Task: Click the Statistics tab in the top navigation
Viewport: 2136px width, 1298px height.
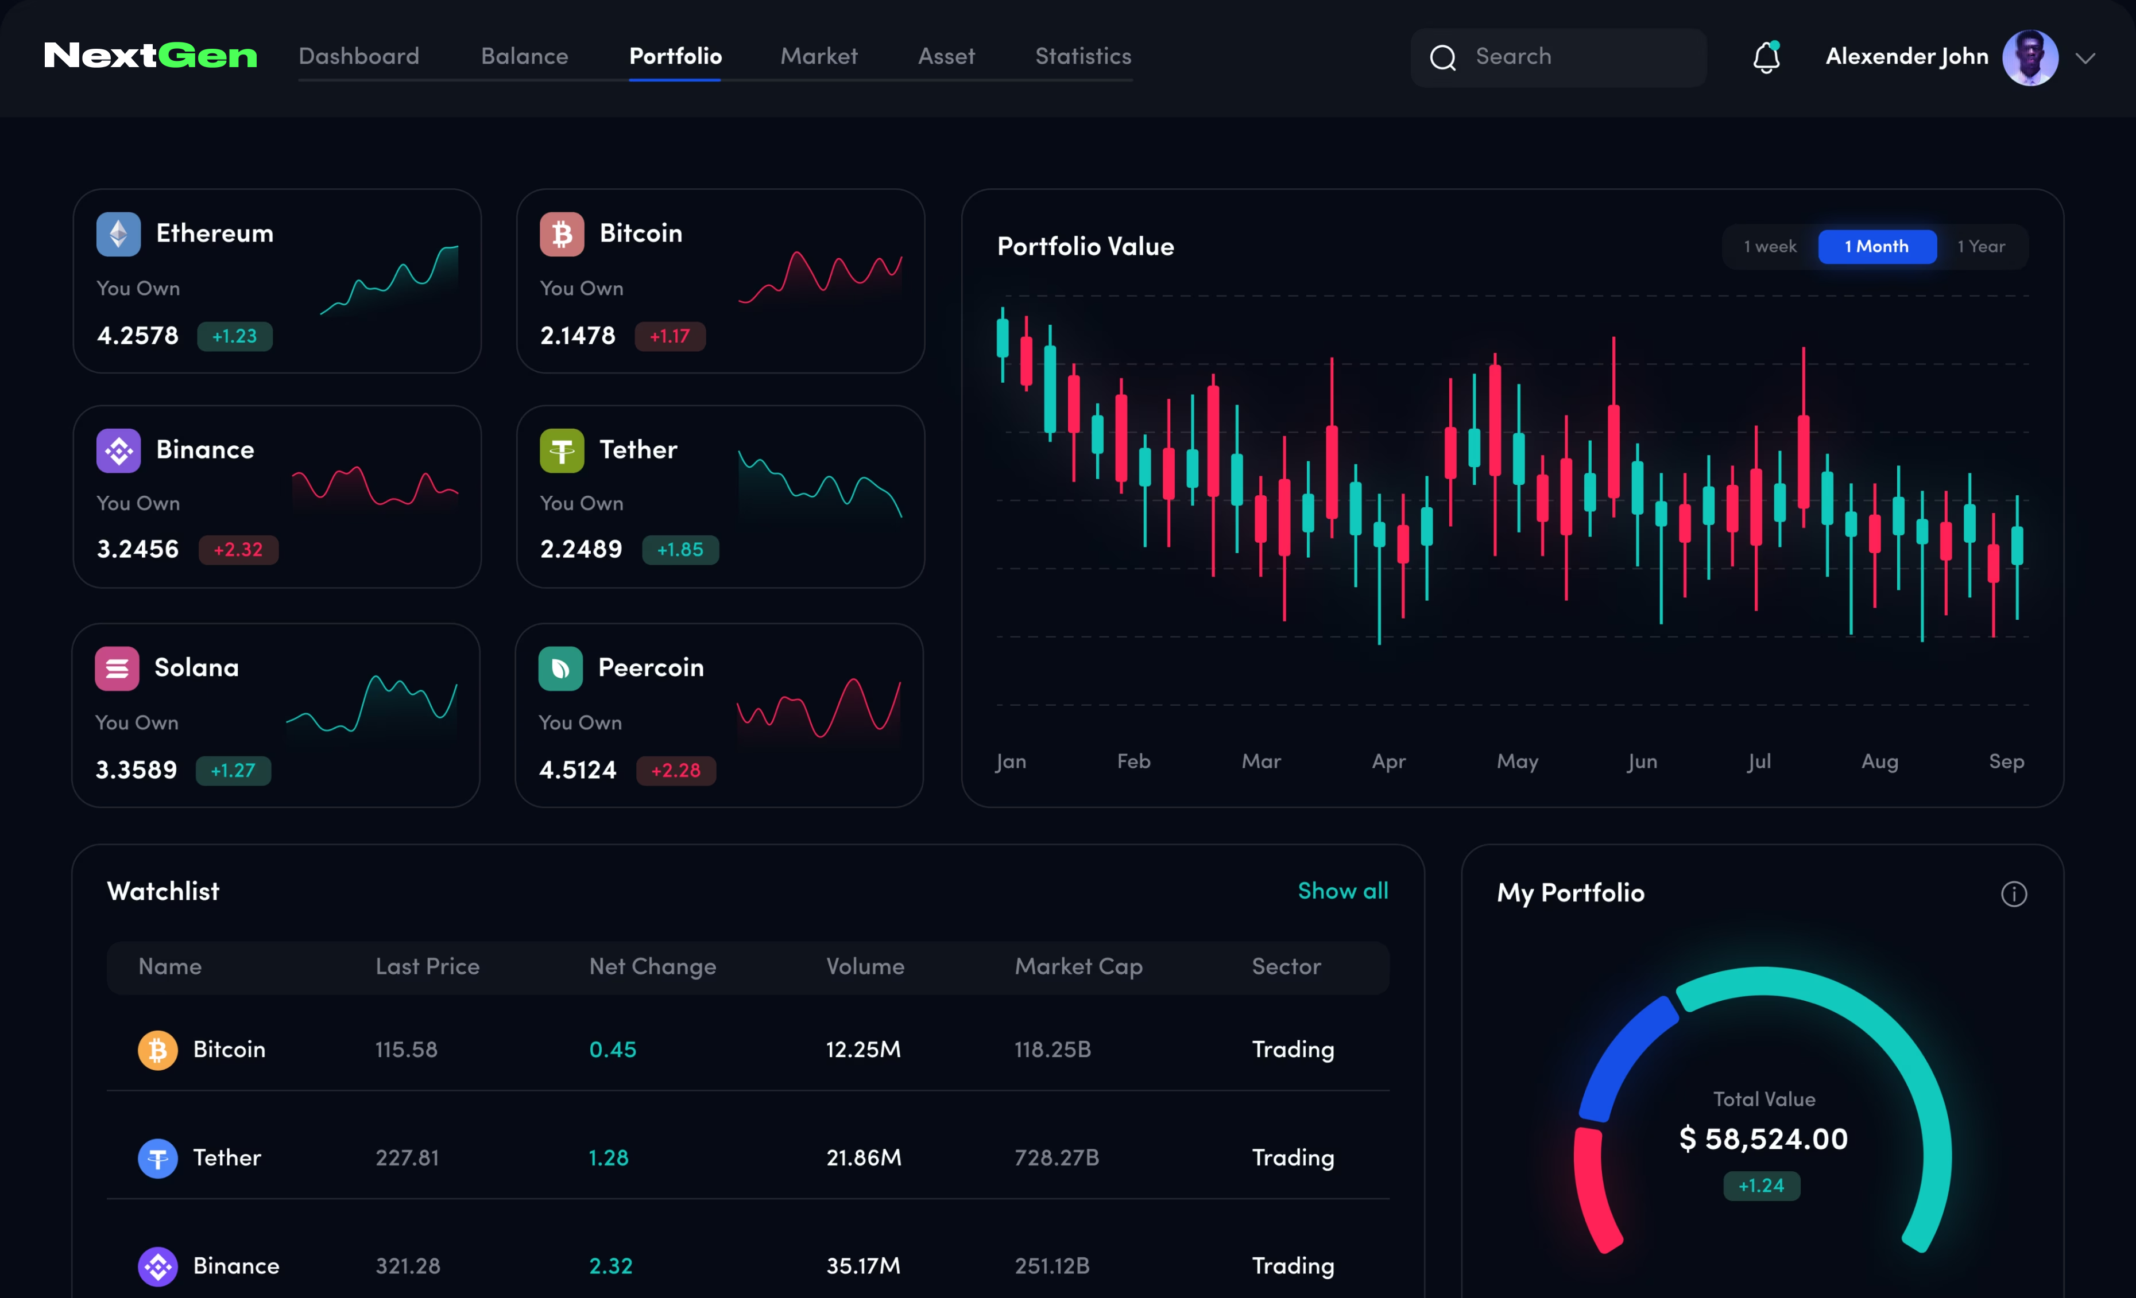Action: click(1083, 56)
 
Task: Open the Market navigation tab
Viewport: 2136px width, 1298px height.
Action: click(818, 56)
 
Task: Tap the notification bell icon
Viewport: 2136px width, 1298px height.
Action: click(1766, 58)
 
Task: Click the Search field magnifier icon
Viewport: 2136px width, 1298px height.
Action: click(1442, 58)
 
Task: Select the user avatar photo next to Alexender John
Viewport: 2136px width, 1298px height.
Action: click(2029, 58)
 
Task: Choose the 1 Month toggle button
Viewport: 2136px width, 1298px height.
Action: click(1877, 247)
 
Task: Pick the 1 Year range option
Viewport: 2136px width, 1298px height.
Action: click(1981, 247)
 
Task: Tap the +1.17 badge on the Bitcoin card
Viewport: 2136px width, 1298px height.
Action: click(670, 336)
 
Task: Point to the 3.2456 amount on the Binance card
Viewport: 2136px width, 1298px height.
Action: click(138, 549)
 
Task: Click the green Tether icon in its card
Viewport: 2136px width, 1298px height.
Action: click(562, 450)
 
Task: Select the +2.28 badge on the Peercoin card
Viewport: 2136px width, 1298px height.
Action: click(675, 770)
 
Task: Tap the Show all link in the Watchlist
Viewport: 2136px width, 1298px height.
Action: click(1342, 891)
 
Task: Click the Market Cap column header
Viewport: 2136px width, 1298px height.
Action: click(1078, 966)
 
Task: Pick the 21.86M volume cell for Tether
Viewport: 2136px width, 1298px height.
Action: click(864, 1157)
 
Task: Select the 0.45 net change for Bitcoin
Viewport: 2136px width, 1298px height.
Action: click(613, 1050)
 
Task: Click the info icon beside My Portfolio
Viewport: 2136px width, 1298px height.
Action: click(2013, 894)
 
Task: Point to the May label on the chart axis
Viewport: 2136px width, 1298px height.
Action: click(1517, 761)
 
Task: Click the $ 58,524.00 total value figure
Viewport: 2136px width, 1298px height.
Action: click(1763, 1138)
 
